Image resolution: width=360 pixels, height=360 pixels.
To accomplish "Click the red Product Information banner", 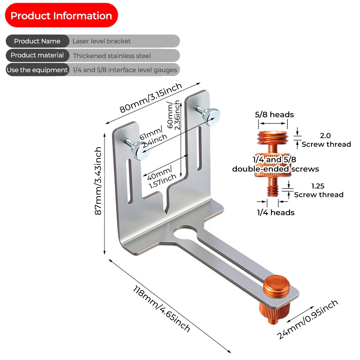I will [61, 16].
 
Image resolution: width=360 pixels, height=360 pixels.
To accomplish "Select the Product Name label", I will [37, 41].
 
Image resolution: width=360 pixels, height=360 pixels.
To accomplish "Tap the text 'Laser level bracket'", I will [102, 41].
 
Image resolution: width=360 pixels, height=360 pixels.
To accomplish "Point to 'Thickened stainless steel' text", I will [112, 56].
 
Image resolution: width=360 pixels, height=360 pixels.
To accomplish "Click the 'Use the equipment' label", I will [37, 70].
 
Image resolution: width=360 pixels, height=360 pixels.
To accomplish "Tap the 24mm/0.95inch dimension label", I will [308, 319].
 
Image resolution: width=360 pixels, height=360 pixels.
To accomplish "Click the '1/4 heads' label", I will [275, 212].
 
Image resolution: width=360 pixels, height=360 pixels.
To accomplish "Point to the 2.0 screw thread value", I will [325, 136].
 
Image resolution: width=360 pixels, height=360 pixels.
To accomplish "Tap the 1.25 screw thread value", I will [318, 186].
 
